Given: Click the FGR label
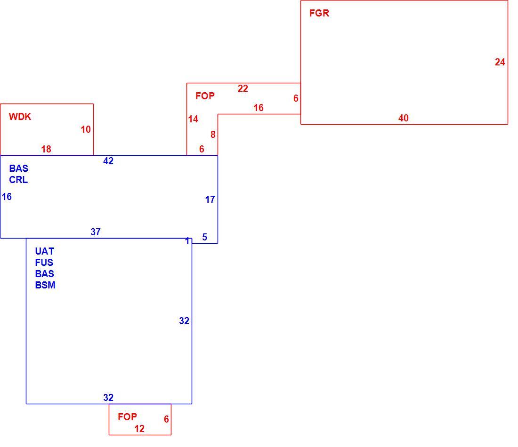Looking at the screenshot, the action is pos(319,13).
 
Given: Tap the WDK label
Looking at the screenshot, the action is pos(20,117).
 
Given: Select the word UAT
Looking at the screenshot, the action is pos(44,251).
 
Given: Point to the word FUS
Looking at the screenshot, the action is pos(44,263).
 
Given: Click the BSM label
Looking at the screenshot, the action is pos(45,285).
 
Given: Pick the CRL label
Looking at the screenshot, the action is pos(18,180).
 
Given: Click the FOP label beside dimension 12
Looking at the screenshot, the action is pos(127,416).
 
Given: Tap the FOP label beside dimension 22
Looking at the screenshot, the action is pos(205,96).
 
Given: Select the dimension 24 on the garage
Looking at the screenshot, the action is pos(500,62).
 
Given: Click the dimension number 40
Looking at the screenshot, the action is pos(404,118).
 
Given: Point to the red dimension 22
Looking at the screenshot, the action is pos(243,88).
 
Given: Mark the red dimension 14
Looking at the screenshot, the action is pos(193,119).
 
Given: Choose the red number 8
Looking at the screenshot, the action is pos(213,135).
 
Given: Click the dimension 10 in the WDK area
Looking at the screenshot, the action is pos(86,129).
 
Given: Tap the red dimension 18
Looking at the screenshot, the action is pos(46,149).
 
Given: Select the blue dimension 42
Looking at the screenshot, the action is pos(108,161).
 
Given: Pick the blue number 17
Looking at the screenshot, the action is pos(210,200).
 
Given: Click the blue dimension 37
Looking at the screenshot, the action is pos(96,232).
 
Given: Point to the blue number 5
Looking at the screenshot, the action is pos(205,237).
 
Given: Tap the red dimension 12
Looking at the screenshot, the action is pos(139,429).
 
